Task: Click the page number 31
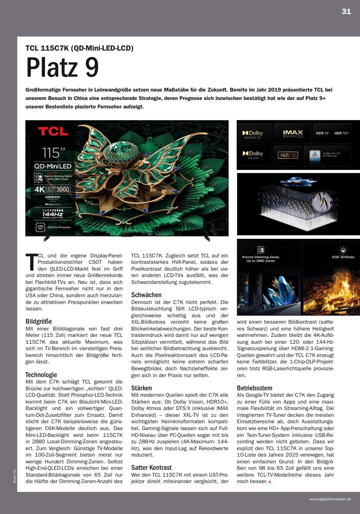tap(346, 12)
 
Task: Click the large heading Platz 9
tap(62, 68)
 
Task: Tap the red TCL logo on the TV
tap(53, 131)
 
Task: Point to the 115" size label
tap(54, 153)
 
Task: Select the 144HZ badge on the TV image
tap(53, 214)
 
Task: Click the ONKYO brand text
tap(53, 197)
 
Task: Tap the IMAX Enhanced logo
tap(292, 133)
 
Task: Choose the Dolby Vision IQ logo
tap(253, 135)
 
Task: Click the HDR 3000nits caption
tap(343, 257)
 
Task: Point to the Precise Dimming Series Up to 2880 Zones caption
tap(260, 259)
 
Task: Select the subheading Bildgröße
tap(39, 321)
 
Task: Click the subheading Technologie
tap(41, 375)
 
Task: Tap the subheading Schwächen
tap(146, 295)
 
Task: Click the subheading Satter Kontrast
tap(151, 467)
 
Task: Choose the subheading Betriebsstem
tap(254, 388)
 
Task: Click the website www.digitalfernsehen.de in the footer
tap(330, 499)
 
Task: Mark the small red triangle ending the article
tap(270, 481)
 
